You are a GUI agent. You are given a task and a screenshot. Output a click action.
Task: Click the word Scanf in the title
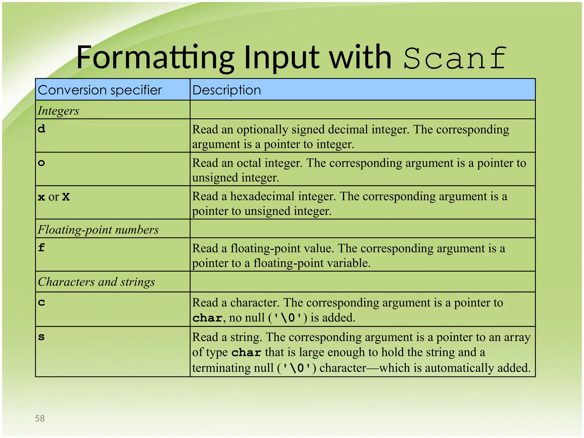coord(455,58)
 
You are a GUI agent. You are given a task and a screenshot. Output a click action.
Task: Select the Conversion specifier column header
coord(100,90)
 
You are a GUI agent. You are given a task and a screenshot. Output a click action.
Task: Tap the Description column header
coord(227,90)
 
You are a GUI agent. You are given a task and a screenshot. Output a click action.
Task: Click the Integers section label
coord(58,111)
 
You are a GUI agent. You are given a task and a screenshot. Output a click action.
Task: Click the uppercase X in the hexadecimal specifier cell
coord(66,197)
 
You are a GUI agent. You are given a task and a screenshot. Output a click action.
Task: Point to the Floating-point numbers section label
coord(98,230)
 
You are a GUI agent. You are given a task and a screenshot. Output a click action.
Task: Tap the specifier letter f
coord(42,248)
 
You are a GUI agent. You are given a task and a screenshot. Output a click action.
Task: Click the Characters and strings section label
coord(96,282)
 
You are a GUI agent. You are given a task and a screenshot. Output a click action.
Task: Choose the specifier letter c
coord(42,302)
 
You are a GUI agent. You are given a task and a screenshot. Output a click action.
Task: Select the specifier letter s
coord(42,337)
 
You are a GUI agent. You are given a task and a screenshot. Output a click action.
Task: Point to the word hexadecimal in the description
coord(262,196)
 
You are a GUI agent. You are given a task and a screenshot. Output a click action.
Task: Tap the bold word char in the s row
coord(246,352)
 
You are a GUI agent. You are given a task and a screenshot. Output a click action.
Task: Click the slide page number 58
coord(40,418)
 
